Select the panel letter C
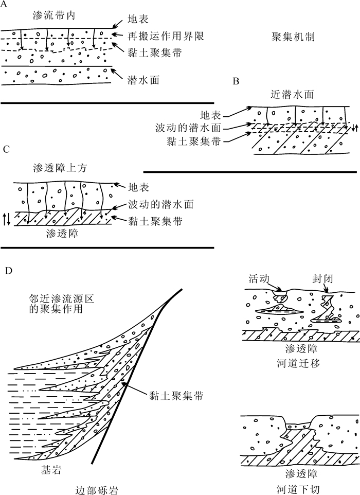(x=6, y=150)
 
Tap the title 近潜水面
(x=292, y=95)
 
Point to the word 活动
(x=258, y=278)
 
